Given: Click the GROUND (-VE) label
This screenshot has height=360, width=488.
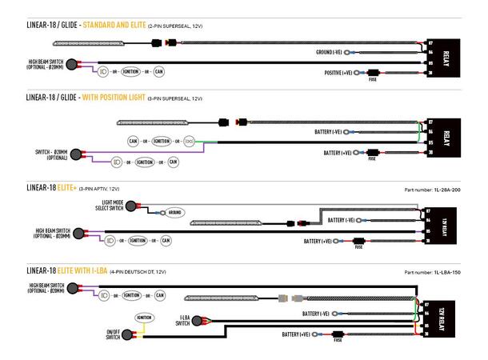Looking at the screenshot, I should [x=333, y=52].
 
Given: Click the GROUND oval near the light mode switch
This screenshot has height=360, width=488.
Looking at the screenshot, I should [x=175, y=213].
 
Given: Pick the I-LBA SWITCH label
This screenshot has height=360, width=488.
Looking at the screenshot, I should [x=181, y=321].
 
